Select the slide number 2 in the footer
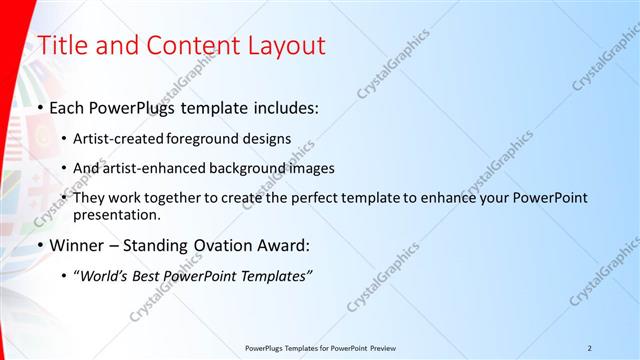(590, 347)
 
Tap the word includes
(284, 107)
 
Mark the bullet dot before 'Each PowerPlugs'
(40, 107)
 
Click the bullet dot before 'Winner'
(40, 244)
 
